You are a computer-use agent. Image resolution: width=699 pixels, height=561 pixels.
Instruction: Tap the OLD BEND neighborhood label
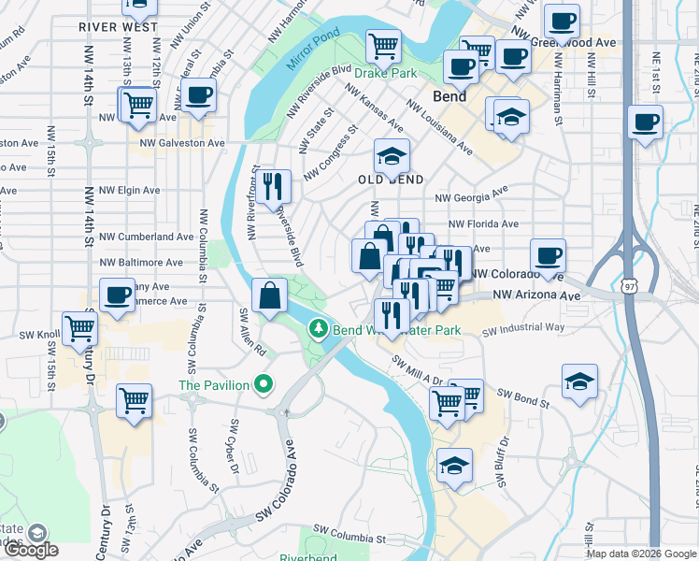pyautogui.click(x=392, y=180)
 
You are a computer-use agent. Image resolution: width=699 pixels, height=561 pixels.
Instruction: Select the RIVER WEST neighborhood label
pyautogui.click(x=119, y=27)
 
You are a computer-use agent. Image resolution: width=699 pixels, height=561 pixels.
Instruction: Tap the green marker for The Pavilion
pyautogui.click(x=264, y=384)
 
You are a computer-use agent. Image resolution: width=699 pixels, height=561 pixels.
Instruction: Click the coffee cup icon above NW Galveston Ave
pyautogui.click(x=197, y=94)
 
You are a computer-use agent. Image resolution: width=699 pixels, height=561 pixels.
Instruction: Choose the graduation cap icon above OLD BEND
pyautogui.click(x=392, y=154)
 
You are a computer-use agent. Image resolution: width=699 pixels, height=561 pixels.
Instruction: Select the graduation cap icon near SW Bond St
pyautogui.click(x=579, y=381)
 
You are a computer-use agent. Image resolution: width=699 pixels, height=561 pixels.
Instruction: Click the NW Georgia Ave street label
pyautogui.click(x=472, y=194)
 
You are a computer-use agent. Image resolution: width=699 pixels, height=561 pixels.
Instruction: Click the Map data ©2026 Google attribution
pyautogui.click(x=640, y=554)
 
